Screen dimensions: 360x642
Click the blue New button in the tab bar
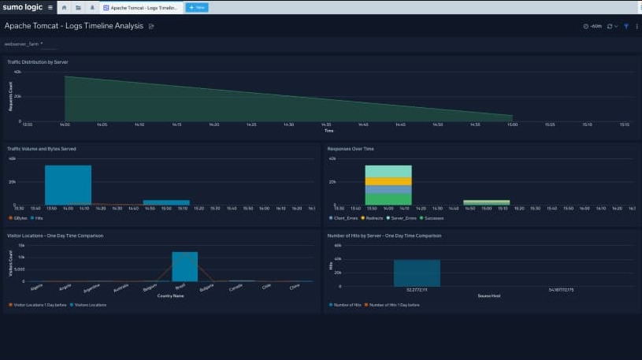tap(197, 7)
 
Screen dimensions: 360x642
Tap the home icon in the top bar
tap(65, 7)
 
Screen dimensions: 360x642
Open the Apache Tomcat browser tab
tap(142, 7)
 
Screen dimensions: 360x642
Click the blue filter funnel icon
tap(626, 26)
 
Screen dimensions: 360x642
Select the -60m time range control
tap(592, 26)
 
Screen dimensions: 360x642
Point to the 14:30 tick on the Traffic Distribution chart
tap(288, 124)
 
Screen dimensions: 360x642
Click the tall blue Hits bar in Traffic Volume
tap(68, 184)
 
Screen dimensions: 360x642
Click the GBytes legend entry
tap(20, 217)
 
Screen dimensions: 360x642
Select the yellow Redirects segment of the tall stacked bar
tap(388, 181)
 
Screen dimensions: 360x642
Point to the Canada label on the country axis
tap(236, 287)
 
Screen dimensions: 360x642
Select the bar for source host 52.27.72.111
tap(417, 273)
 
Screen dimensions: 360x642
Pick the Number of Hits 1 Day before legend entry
tap(392, 304)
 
